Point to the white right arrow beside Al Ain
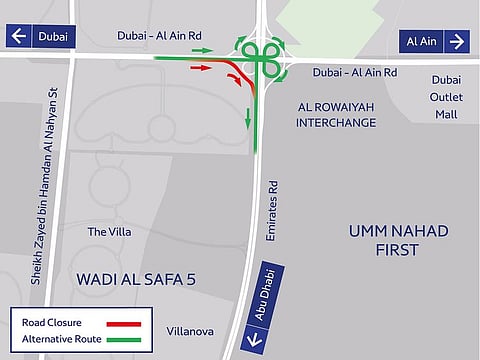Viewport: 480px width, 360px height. pyautogui.click(x=456, y=41)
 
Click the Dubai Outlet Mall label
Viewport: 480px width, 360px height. pyautogui.click(x=445, y=97)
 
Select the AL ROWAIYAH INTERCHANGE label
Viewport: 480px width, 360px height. pyautogui.click(x=336, y=114)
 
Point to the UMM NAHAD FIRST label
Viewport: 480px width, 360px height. pyautogui.click(x=397, y=240)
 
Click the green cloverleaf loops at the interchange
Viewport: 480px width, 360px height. pyautogui.click(x=260, y=57)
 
